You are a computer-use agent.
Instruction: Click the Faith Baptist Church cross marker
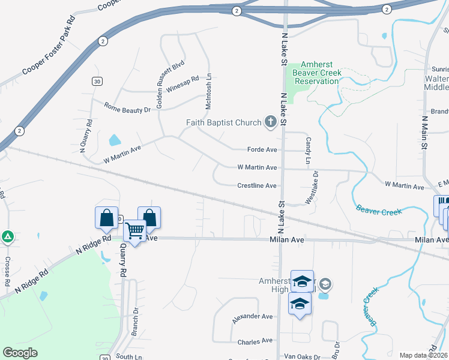coord(270,123)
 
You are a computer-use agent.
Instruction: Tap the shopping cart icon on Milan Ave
coord(135,230)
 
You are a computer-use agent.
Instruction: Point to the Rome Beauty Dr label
coord(127,110)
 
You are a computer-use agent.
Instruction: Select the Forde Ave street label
coord(262,149)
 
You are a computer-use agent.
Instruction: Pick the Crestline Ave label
coord(256,186)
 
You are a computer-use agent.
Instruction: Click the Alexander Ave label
coord(252,316)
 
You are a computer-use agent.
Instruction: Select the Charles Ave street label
coord(255,341)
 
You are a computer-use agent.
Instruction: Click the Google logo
coord(20,353)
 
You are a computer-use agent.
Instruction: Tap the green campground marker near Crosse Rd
coord(7,237)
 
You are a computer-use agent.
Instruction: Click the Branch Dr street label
coord(135,322)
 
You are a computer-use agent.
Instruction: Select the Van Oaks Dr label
coord(302,357)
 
